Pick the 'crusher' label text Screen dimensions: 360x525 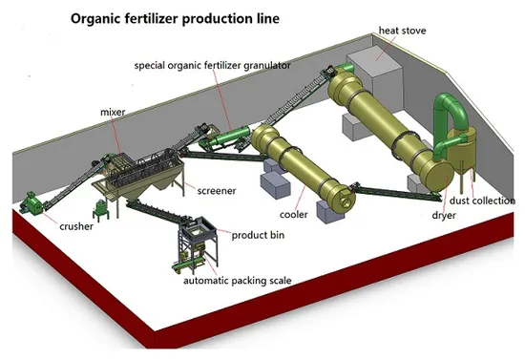(76, 227)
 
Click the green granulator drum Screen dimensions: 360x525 (226, 139)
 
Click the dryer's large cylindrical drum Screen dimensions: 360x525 (387, 129)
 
